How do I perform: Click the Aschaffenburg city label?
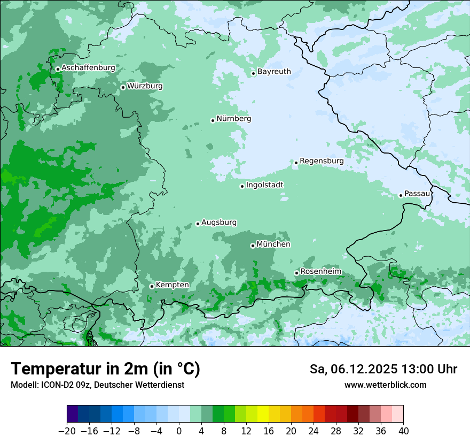[x=88, y=68]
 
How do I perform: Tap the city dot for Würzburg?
[x=123, y=87]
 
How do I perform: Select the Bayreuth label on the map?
[x=274, y=72]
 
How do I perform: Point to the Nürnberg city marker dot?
[x=213, y=120]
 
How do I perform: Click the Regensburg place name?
[x=322, y=161]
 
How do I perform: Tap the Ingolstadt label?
[x=264, y=185]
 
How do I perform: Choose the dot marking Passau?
[x=401, y=195]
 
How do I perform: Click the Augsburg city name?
[x=219, y=223]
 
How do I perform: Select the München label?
[x=273, y=244]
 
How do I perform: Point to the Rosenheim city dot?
[x=296, y=273]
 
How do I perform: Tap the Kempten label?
[x=172, y=285]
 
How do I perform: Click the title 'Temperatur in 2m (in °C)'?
[x=105, y=369]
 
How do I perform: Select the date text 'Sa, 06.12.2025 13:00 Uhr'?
[x=383, y=369]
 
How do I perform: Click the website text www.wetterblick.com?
[x=385, y=385]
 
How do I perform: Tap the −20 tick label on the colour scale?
[x=67, y=431]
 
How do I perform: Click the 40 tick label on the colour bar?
[x=403, y=431]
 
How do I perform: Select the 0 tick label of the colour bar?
[x=179, y=431]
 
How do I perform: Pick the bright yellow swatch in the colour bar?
[x=263, y=414]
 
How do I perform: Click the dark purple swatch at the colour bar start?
[x=73, y=414]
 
